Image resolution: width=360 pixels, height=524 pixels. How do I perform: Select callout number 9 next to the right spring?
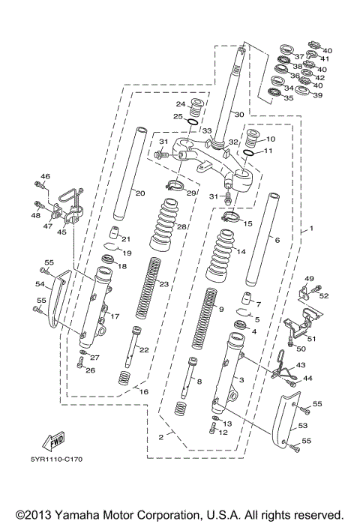click(220, 309)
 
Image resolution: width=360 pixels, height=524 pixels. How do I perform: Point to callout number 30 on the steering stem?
click(238, 115)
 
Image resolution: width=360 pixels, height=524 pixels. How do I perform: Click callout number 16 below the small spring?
click(145, 391)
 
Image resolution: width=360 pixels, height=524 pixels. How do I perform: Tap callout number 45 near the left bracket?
click(60, 232)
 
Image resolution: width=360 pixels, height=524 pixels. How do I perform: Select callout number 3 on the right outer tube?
click(241, 380)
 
